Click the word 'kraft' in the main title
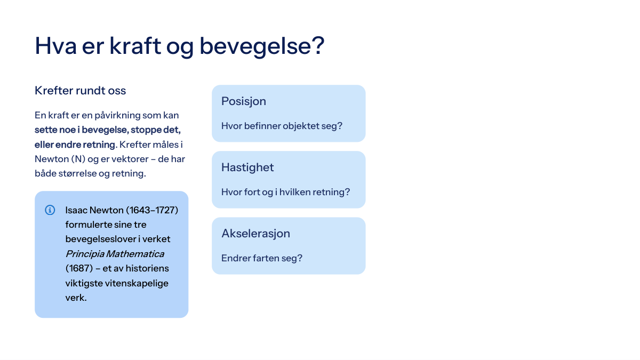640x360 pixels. coord(135,46)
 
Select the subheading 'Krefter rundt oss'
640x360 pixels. coord(81,91)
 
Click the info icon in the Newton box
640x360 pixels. coord(50,210)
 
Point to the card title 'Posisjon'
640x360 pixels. coord(244,101)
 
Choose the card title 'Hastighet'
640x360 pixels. coord(247,167)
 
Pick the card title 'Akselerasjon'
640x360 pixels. coord(255,234)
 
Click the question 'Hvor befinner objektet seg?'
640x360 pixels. coord(282,126)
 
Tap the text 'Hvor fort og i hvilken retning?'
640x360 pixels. coord(285,193)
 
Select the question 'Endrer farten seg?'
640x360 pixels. coord(262,258)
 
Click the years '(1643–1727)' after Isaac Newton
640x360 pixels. coord(152,210)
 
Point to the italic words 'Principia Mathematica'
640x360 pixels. coord(115,254)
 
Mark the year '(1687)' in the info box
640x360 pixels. coord(79,269)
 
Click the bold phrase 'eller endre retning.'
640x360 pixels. coord(76,145)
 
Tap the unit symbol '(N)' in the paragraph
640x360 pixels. coord(78,159)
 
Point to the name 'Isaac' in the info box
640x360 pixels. coord(76,210)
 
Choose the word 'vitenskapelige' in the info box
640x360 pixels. coord(137,283)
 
